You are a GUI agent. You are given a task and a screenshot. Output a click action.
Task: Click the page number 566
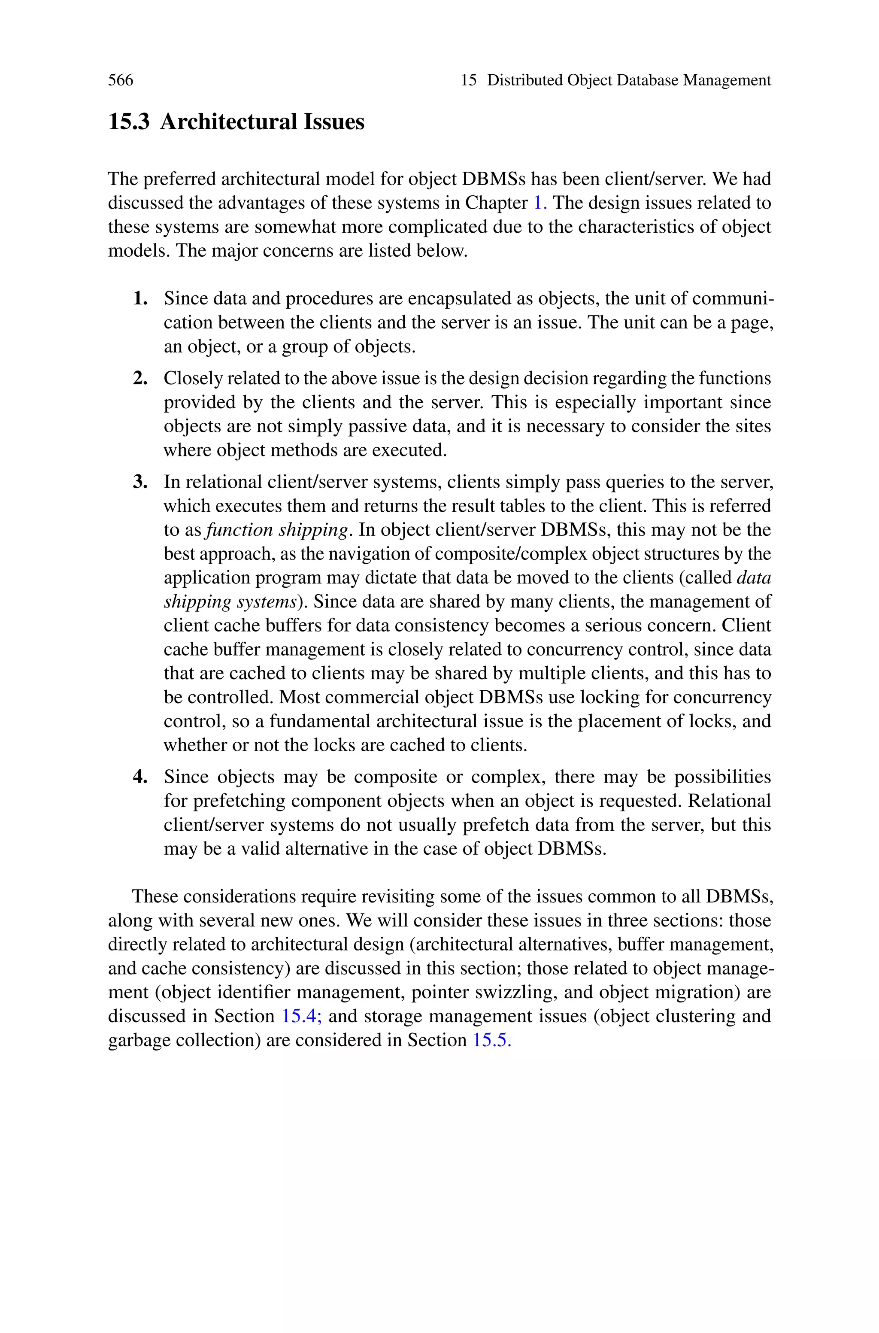tap(121, 80)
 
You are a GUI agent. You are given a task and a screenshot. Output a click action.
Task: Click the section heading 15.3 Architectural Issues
tap(236, 121)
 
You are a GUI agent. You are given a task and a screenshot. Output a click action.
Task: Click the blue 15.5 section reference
tap(491, 1040)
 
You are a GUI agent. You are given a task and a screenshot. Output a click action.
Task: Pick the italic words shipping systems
tap(230, 601)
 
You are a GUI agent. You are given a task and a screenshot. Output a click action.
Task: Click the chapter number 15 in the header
tap(469, 80)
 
